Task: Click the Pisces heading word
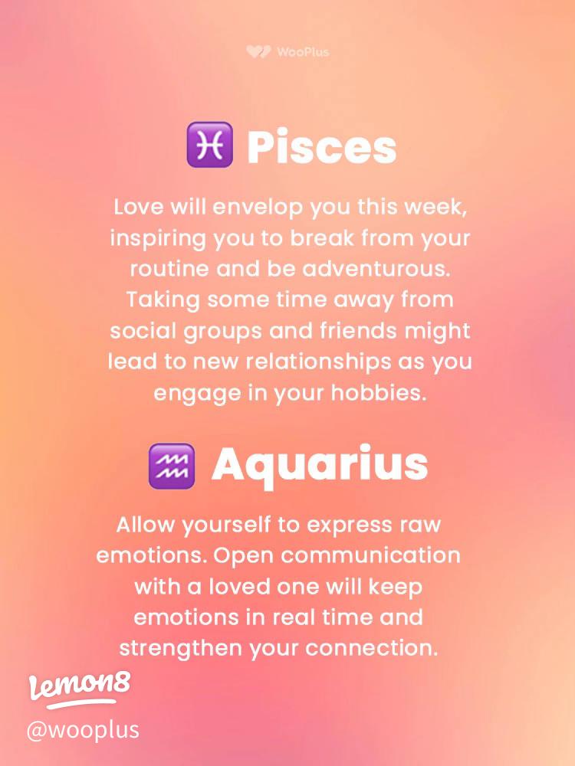(x=321, y=148)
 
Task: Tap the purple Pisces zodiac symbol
(x=209, y=146)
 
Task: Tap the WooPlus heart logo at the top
(x=258, y=52)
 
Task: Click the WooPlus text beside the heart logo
(x=303, y=52)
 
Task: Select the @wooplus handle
(x=83, y=728)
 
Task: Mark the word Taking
(x=163, y=300)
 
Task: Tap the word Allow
(x=146, y=525)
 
